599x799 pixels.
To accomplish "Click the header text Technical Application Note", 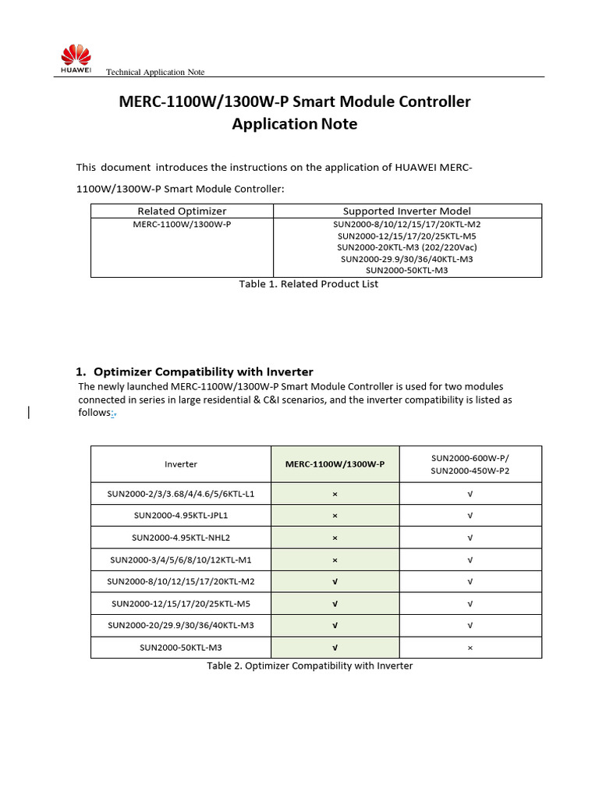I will click(x=154, y=72).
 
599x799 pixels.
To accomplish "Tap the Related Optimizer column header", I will click(x=182, y=211).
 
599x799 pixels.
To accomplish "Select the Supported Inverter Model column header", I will click(x=406, y=211).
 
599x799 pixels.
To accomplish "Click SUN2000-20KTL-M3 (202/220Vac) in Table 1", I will click(x=406, y=247).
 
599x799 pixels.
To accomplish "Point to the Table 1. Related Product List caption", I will click(x=308, y=284).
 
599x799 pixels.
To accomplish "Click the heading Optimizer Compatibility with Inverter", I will click(x=203, y=371).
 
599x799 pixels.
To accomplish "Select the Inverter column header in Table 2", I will click(x=180, y=464).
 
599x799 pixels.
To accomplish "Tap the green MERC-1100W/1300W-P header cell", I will click(x=335, y=464).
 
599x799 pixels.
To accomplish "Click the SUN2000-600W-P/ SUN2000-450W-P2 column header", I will click(x=470, y=464).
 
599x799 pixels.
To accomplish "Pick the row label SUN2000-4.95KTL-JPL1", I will click(x=180, y=516).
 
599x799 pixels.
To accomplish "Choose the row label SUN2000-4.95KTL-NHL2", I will click(x=180, y=538).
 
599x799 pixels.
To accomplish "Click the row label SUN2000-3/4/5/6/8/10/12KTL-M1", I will click(x=180, y=559).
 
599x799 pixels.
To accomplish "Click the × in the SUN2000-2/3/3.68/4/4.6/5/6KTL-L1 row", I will click(x=335, y=494).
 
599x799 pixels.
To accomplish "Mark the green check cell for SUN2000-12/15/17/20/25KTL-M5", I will click(x=335, y=603).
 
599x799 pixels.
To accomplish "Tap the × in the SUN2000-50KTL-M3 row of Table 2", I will click(x=470, y=648).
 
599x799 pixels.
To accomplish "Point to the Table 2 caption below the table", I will click(x=309, y=666).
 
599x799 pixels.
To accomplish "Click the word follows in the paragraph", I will click(x=93, y=413).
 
